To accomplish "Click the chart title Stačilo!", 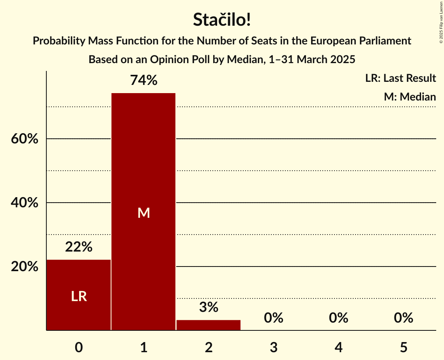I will point(222,20).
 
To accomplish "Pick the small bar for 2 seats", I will point(209,325).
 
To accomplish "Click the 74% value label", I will point(143,81).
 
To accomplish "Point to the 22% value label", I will point(79,247).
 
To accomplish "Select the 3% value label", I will point(209,307).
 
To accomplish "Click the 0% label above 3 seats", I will point(273,318).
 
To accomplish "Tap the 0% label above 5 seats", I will point(403,318).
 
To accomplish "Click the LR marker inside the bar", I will point(79,296).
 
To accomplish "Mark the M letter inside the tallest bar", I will point(143,213).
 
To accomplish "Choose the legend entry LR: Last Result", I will point(400,78).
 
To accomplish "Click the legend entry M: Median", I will point(410,97).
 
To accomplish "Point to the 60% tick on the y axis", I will point(25,139).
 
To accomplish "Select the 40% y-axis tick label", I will point(25,203).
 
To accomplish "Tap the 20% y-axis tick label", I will point(25,267).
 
